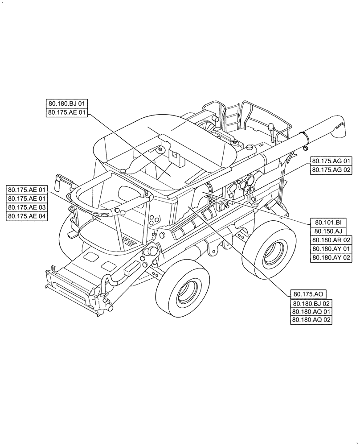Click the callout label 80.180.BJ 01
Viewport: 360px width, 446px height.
67,104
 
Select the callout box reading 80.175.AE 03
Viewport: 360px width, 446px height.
27,207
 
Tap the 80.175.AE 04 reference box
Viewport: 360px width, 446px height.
27,216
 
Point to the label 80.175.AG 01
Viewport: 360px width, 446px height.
331,161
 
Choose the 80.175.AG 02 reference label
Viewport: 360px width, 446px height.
331,170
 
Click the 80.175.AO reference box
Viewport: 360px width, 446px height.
308,294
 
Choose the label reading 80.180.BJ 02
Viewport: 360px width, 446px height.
311,303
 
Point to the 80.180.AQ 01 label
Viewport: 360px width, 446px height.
311,312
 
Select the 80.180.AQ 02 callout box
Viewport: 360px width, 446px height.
311,320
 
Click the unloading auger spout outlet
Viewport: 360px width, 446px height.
339,125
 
